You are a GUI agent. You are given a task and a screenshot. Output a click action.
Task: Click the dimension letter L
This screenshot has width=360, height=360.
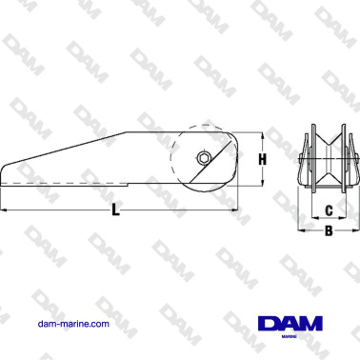coord(116,210)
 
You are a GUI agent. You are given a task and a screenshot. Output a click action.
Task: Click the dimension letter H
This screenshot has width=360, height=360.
coord(262,159)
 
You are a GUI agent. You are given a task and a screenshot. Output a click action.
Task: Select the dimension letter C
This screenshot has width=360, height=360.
coord(330,210)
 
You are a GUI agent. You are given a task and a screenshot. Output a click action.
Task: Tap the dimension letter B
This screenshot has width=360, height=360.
coord(329,230)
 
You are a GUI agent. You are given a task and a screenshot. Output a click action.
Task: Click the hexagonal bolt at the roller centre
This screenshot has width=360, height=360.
coord(203,158)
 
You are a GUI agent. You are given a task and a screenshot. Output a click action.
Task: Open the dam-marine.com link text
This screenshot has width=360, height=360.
coord(73,324)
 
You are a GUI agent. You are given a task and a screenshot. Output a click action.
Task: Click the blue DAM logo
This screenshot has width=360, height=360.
coord(290,324)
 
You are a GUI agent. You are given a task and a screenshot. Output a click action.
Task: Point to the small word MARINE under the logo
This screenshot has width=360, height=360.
coord(290,336)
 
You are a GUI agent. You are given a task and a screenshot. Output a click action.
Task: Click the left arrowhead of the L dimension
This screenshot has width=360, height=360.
coord(3,210)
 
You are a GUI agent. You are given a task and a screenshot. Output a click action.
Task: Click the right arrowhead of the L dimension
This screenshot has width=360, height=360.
coord(234,210)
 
